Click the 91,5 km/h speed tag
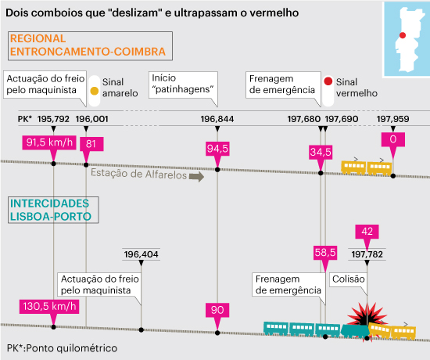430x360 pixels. (49, 142)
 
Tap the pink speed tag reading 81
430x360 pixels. (91, 144)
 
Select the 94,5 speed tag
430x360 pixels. (217, 149)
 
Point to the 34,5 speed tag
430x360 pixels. (321, 152)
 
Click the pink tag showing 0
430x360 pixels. (393, 139)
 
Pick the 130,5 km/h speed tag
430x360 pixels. (49, 307)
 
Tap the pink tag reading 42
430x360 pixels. (367, 232)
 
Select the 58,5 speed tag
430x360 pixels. (325, 253)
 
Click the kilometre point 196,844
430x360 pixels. (217, 119)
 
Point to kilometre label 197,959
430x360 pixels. (392, 119)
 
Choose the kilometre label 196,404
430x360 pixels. (141, 254)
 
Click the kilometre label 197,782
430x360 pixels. (367, 254)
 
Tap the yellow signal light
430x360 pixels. (95, 91)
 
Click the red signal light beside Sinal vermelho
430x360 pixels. (328, 81)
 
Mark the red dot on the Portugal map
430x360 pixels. (403, 35)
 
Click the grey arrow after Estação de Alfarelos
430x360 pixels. (196, 177)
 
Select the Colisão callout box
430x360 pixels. (348, 280)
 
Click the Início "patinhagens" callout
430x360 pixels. (183, 85)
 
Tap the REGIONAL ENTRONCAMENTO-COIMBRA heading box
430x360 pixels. (90, 46)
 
